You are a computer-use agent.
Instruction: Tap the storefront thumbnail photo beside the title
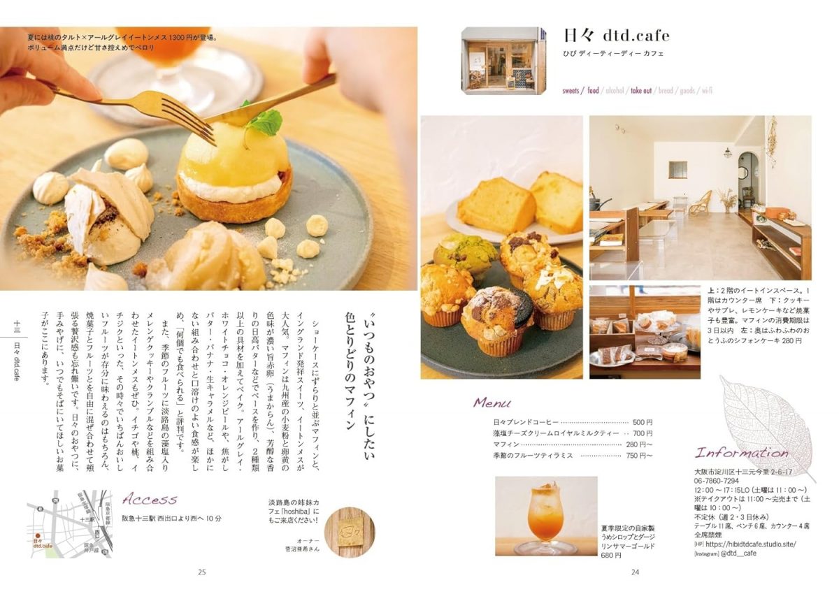coord(503,60)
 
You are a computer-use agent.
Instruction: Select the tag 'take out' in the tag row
coord(641,90)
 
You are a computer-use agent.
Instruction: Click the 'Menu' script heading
coord(492,403)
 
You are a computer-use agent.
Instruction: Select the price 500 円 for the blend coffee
coord(642,422)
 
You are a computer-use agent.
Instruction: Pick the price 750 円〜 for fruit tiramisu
coord(639,456)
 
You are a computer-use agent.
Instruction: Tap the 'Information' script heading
coord(741,452)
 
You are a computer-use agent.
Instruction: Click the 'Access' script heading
coord(150,499)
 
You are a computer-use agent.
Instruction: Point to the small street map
coord(69,523)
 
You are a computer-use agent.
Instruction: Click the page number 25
coord(202,572)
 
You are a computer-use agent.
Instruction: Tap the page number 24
coord(636,572)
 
